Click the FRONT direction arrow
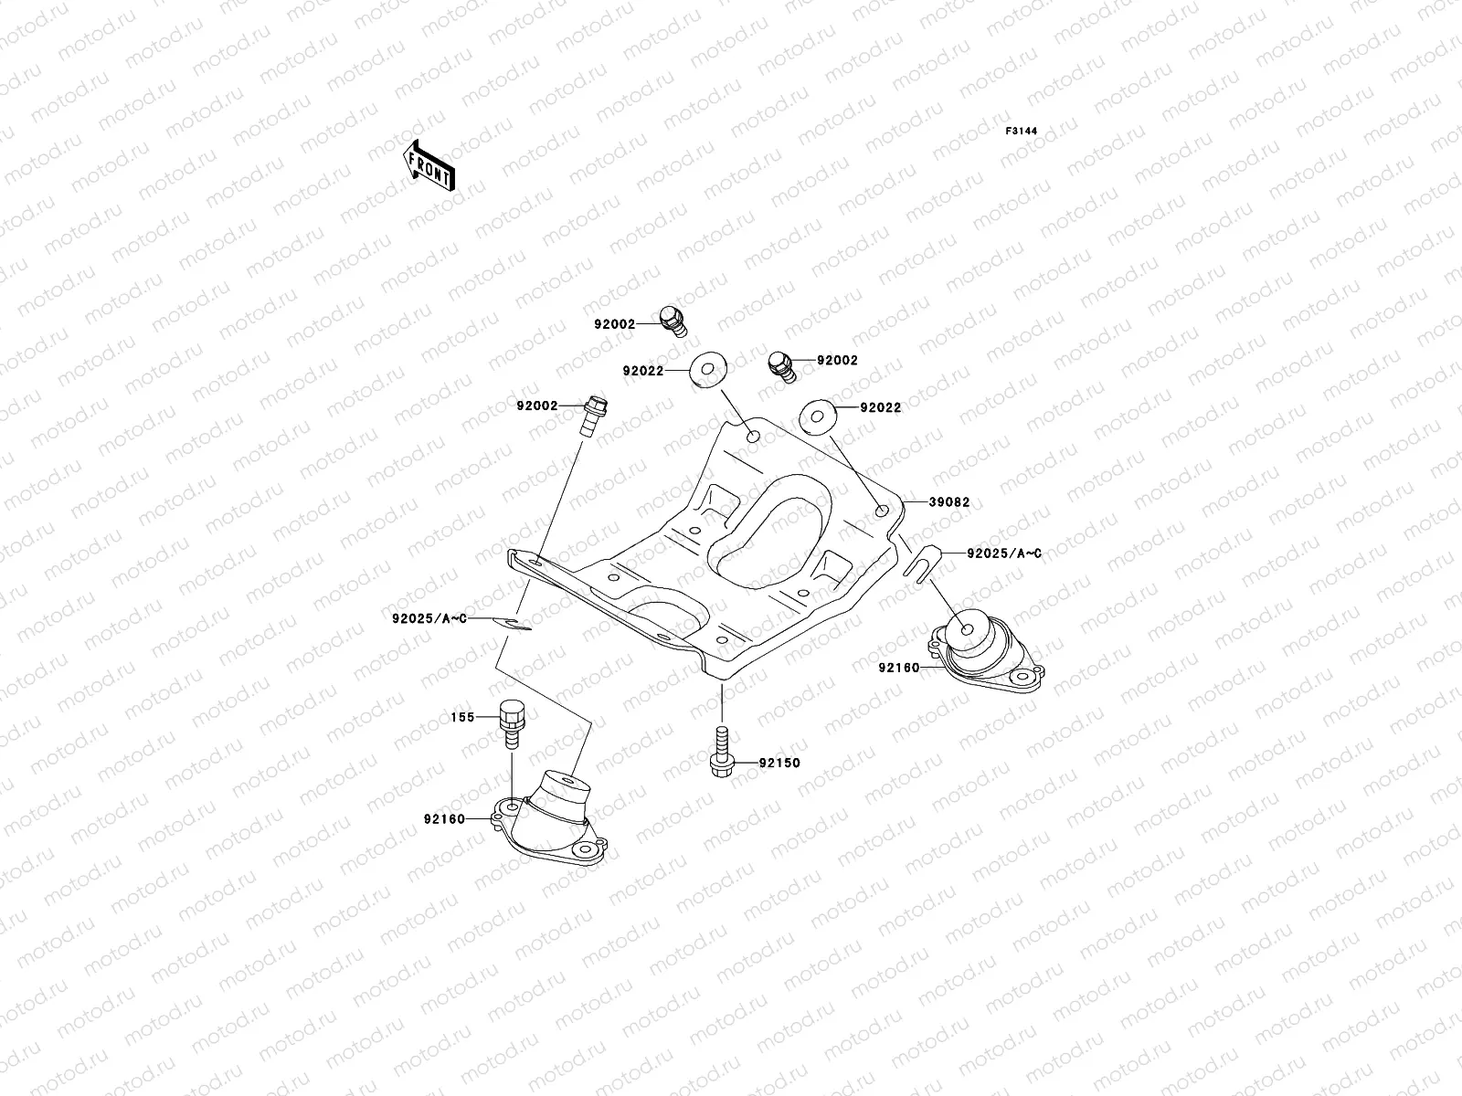pos(430,165)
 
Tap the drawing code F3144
pos(1022,132)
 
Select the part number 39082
pos(949,502)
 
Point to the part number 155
pos(462,717)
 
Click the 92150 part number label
pos(779,763)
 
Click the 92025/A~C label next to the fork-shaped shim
pos(993,553)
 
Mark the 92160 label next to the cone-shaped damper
pos(444,818)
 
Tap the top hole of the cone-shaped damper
pos(569,782)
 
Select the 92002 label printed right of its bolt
pos(837,361)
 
